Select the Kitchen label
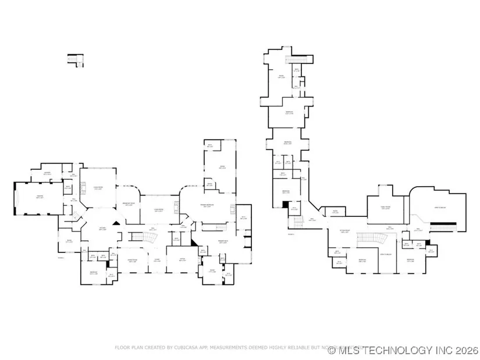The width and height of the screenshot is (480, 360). coord(102,229)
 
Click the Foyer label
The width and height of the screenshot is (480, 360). coord(157,261)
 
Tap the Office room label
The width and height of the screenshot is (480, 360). coord(183,260)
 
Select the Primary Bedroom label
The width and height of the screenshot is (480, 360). coord(206,205)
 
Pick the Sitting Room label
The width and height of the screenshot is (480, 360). coord(347,231)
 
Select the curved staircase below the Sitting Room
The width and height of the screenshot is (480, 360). coord(365,239)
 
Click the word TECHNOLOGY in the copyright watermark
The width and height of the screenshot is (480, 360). coord(404,350)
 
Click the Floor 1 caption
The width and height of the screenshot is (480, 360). coord(61,256)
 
